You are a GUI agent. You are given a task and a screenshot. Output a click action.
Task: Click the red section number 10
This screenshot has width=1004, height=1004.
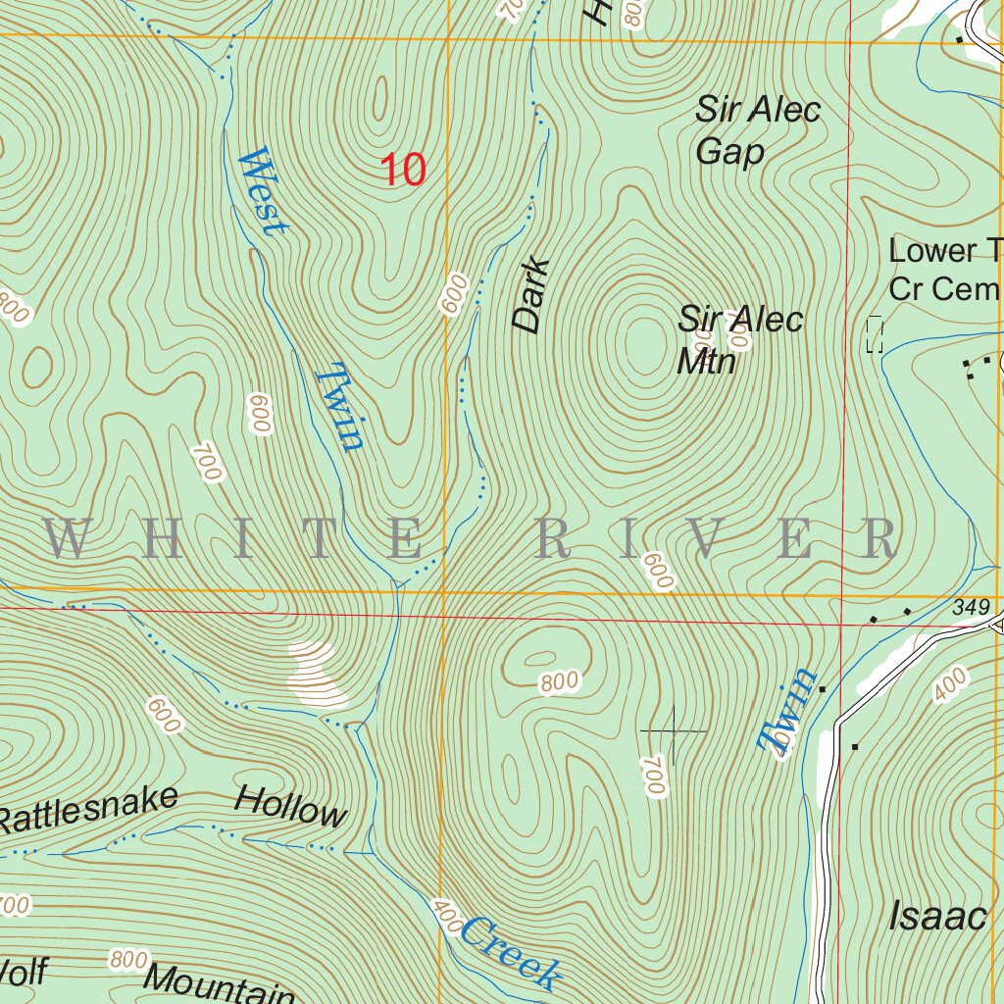[x=403, y=170]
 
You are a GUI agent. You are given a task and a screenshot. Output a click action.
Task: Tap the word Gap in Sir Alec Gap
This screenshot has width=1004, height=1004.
[x=729, y=153]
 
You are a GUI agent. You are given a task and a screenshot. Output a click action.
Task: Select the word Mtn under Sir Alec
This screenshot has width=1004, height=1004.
[x=706, y=361]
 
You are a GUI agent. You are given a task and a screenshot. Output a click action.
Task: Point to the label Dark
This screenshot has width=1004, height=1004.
[x=529, y=296]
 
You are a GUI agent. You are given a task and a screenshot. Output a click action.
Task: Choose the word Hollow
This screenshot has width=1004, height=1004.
[x=290, y=806]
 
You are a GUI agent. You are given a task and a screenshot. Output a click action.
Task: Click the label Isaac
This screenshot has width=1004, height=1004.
[x=936, y=917]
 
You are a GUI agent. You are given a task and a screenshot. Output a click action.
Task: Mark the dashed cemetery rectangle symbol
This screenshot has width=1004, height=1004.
[x=875, y=334]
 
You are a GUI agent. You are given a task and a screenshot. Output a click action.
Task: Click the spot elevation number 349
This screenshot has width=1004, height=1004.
[x=971, y=609]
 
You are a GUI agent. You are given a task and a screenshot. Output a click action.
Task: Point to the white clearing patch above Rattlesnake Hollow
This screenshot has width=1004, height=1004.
[x=316, y=674]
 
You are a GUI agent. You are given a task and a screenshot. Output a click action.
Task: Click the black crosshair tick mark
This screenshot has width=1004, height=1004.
[x=673, y=731]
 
